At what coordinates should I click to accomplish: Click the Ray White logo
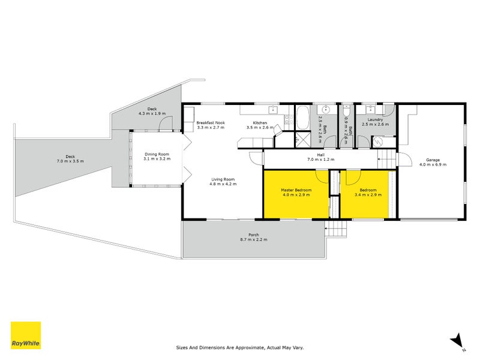pos(26,335)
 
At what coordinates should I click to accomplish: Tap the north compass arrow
pos(458,340)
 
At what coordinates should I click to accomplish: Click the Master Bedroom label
pos(296,190)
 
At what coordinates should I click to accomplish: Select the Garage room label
pos(433,160)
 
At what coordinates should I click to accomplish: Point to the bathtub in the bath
pos(303,114)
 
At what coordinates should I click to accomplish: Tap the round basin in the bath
pos(325,110)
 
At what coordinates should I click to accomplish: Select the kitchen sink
pos(272,109)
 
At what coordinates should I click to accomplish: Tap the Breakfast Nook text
pos(211,123)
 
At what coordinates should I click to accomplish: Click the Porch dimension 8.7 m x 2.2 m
pos(253,239)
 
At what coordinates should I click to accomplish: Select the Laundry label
pos(371,119)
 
